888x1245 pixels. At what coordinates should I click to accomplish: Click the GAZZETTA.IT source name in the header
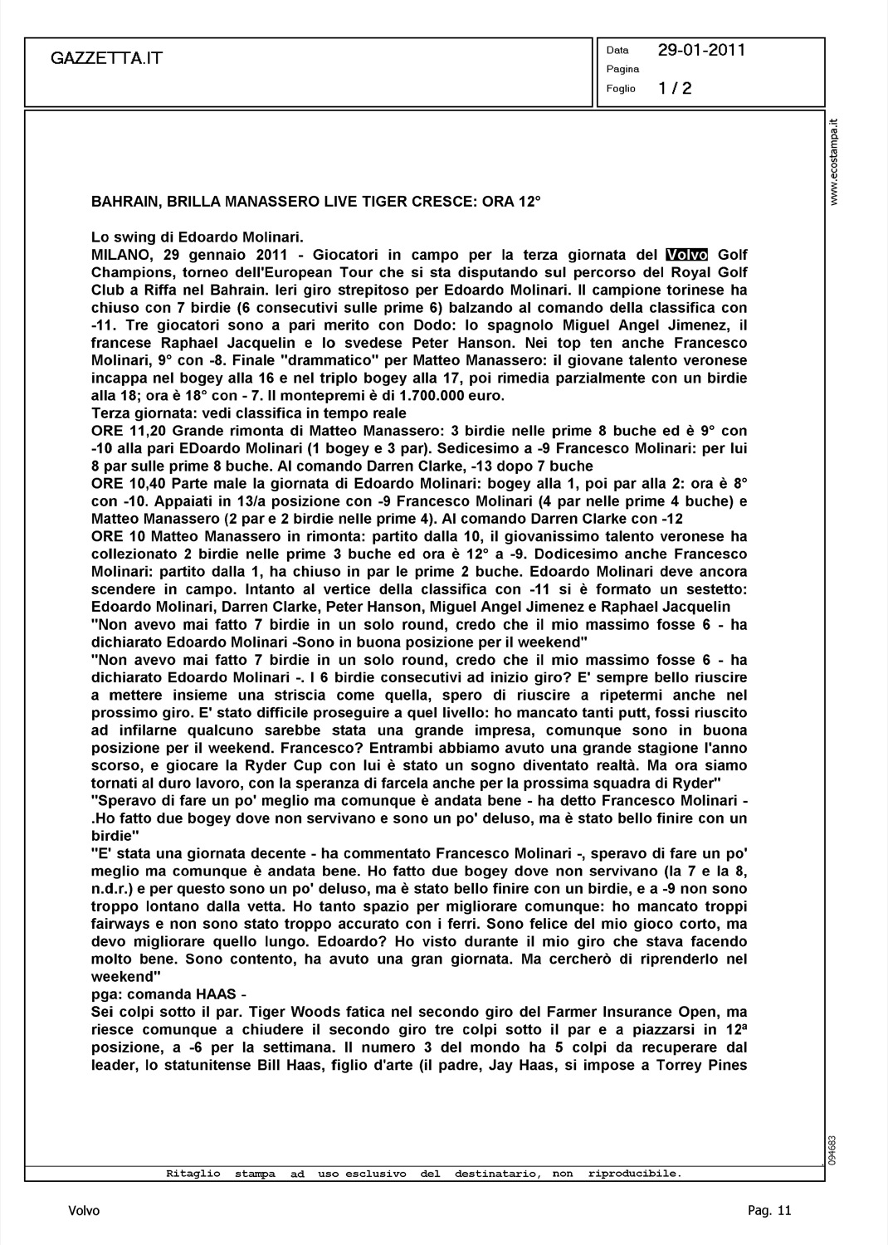106,58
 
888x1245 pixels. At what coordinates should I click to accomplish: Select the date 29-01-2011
701,50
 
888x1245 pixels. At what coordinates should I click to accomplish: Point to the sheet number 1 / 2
675,89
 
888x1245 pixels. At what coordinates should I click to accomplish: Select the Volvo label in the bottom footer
84,1211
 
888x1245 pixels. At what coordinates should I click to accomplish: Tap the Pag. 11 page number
769,1211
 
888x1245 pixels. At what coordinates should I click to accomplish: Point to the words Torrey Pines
706,1065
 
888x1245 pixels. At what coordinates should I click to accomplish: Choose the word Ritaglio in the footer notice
193,1174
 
